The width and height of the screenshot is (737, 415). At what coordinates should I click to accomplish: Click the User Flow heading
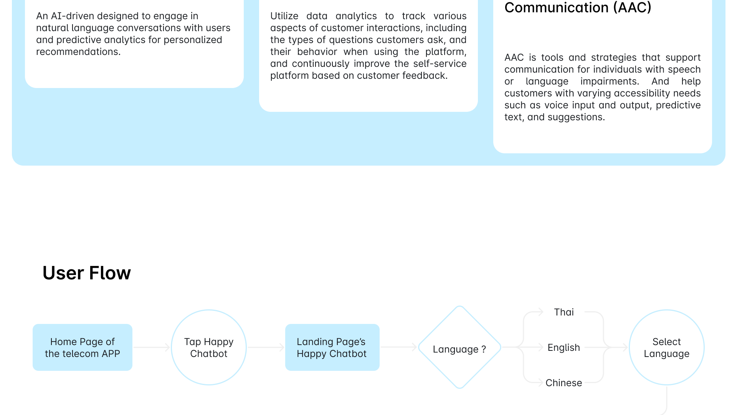point(86,273)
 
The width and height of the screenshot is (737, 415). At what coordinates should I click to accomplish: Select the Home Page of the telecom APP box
point(83,347)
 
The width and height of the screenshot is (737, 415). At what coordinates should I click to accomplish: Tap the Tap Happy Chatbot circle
point(209,347)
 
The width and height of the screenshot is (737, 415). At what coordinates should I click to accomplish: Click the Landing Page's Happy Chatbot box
point(332,347)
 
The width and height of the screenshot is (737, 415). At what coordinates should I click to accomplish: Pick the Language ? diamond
point(459,348)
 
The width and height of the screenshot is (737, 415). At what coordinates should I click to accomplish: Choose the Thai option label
point(563,312)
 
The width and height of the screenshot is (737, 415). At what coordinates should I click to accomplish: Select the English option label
point(563,347)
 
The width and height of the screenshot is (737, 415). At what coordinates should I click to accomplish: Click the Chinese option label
point(563,383)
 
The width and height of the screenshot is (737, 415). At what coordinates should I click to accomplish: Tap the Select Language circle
point(666,347)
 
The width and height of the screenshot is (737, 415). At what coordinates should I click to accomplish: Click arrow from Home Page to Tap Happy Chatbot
point(152,347)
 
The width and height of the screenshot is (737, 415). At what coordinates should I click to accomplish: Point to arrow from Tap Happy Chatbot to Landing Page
point(266,347)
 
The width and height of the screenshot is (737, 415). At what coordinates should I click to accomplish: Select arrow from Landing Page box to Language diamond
point(398,347)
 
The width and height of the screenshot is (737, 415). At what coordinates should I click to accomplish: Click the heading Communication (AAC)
point(578,8)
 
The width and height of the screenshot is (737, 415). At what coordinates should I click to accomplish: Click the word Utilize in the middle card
point(284,16)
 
